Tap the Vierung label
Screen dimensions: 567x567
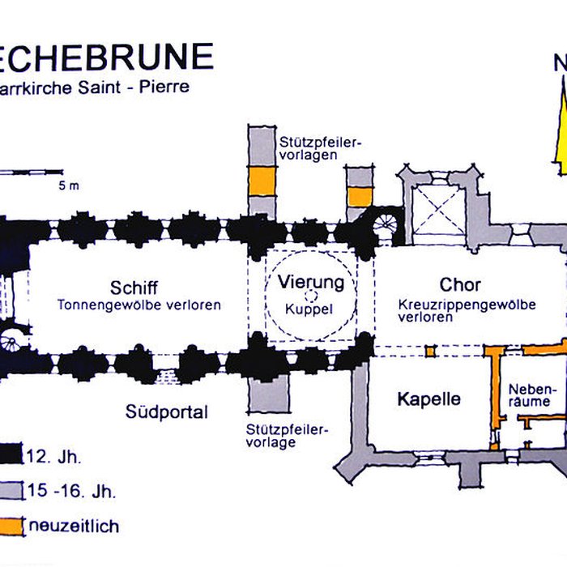[311, 283]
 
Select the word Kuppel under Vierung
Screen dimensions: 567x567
[311, 309]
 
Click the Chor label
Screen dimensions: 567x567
[460, 284]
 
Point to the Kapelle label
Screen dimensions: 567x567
[428, 399]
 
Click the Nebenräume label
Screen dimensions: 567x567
[531, 394]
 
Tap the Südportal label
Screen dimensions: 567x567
[166, 411]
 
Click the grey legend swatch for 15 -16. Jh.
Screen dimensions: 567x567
[11, 489]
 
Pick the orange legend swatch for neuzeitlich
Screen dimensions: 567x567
[11, 526]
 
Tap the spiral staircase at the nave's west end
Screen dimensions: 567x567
[11, 334]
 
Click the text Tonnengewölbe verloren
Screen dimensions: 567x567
[139, 305]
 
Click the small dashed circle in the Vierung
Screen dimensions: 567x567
[311, 297]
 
